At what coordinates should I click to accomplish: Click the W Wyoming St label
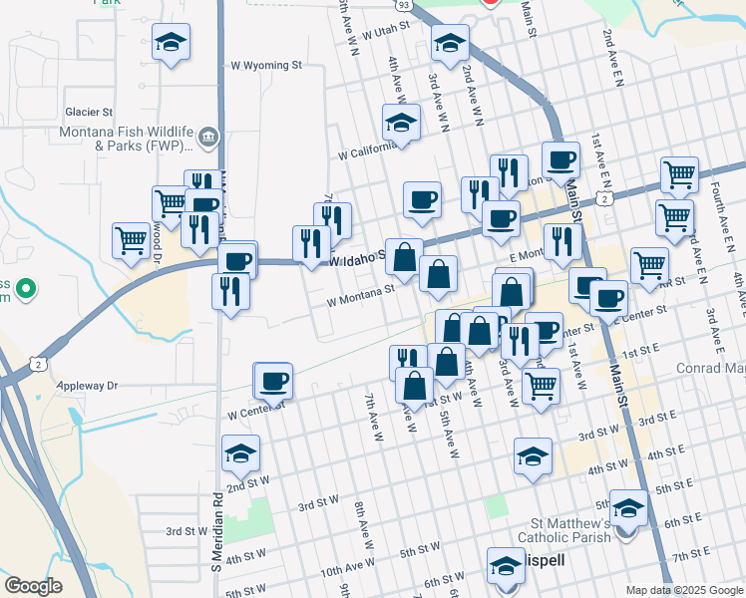coord(266,66)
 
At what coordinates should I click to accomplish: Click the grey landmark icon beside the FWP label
coord(208,138)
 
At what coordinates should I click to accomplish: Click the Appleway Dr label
coord(90,385)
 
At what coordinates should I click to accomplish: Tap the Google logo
coord(33,586)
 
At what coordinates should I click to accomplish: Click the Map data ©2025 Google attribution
coord(684,590)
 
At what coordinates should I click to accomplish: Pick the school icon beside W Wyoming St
coord(172,42)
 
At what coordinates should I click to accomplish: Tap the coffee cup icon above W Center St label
coord(273,380)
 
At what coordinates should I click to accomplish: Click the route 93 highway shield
coord(402,5)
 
